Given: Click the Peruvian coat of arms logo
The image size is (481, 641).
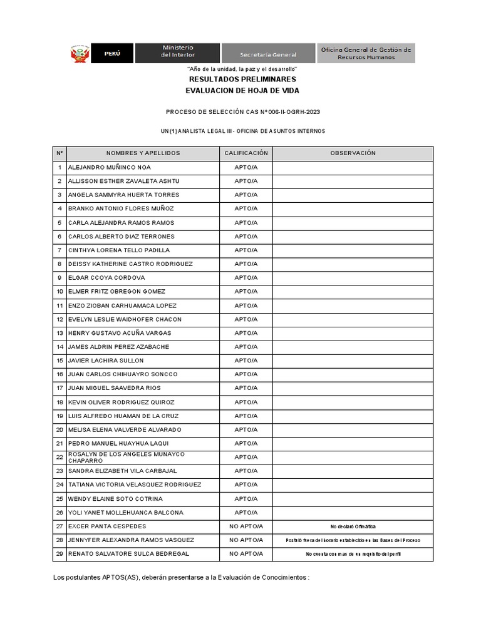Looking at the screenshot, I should click(x=80, y=53).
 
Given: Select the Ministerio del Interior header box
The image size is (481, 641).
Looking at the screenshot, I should click(x=178, y=53).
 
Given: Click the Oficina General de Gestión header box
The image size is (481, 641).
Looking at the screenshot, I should click(x=366, y=53).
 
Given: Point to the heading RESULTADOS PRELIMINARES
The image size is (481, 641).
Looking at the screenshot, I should click(x=242, y=79).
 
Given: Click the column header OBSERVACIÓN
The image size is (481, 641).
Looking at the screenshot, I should click(x=353, y=153).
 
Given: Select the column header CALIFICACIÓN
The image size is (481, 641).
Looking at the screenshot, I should click(x=246, y=153).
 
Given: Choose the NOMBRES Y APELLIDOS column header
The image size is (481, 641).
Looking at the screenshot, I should click(x=143, y=153).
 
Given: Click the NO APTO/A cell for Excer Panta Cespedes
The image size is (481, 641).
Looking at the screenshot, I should click(x=246, y=526).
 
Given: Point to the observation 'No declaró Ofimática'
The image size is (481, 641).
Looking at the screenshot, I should click(x=353, y=527).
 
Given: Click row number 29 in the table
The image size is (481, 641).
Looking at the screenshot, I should click(x=59, y=554).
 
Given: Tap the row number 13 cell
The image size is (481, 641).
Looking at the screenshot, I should click(x=59, y=333).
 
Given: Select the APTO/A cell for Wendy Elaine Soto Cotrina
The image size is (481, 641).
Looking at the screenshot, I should click(x=246, y=499).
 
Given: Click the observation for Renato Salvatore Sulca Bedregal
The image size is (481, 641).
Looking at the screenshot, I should click(x=353, y=555).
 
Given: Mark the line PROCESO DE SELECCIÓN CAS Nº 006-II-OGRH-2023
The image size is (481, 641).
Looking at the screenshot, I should click(x=242, y=112).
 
